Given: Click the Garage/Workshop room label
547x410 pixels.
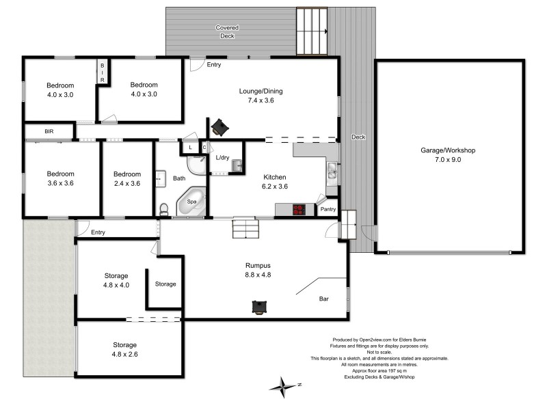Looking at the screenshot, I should pos(448,150).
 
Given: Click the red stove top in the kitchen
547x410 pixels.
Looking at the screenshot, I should pos(300,210).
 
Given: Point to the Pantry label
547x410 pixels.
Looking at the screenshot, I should pos(328,209).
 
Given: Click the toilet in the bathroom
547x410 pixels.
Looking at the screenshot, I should pos(164,208).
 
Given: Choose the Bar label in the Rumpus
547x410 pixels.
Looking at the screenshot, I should pos(324,299).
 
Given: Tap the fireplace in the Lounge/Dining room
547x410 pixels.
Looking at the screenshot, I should pos(219,127).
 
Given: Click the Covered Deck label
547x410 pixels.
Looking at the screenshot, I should pos(227,31).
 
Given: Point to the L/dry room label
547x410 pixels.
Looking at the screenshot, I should pos(222,158).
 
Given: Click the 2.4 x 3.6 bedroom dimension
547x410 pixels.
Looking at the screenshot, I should pos(127,183).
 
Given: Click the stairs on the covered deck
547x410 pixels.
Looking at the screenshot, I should pos(312,31).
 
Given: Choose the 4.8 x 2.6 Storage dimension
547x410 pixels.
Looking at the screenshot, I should pos(124,354).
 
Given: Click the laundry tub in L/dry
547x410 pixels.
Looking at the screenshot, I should pos(237,165).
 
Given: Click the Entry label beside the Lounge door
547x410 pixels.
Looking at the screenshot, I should pos(214,64).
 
